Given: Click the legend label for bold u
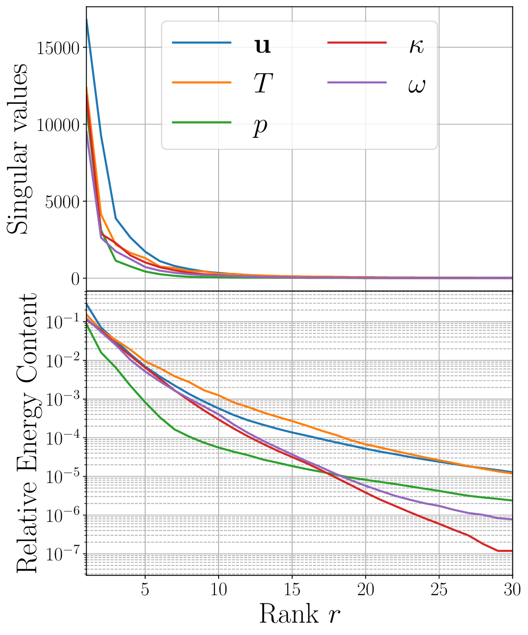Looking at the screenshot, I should pyautogui.click(x=262, y=46).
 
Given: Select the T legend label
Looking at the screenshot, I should pyautogui.click(x=263, y=84).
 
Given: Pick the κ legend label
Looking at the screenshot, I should pyautogui.click(x=416, y=46).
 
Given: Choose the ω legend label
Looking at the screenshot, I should pyautogui.click(x=416, y=85).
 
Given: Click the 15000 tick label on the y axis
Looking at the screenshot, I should pyautogui.click(x=59, y=49).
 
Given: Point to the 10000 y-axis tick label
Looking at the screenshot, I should pyautogui.click(x=59, y=125).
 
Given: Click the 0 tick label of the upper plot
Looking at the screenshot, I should pyautogui.click(x=75, y=279).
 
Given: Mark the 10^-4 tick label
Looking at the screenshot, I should pyautogui.click(x=63, y=438).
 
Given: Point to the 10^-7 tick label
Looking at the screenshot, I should pyautogui.click(x=63, y=554).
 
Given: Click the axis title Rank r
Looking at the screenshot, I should pyautogui.click(x=299, y=614).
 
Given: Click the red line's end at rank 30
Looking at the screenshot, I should pyautogui.click(x=511, y=551).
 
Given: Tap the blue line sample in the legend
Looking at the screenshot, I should pyautogui.click(x=202, y=43).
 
